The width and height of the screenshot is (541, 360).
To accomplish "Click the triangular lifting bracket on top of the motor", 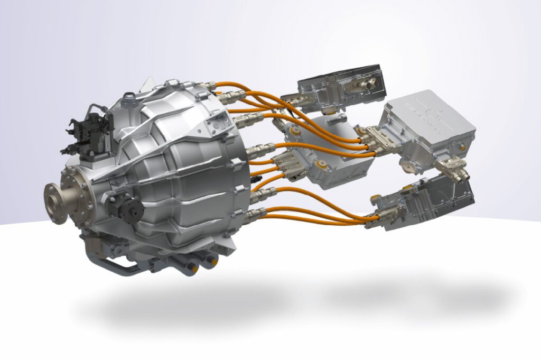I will [150, 85].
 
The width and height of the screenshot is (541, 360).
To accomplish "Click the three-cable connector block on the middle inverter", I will [290, 164].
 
